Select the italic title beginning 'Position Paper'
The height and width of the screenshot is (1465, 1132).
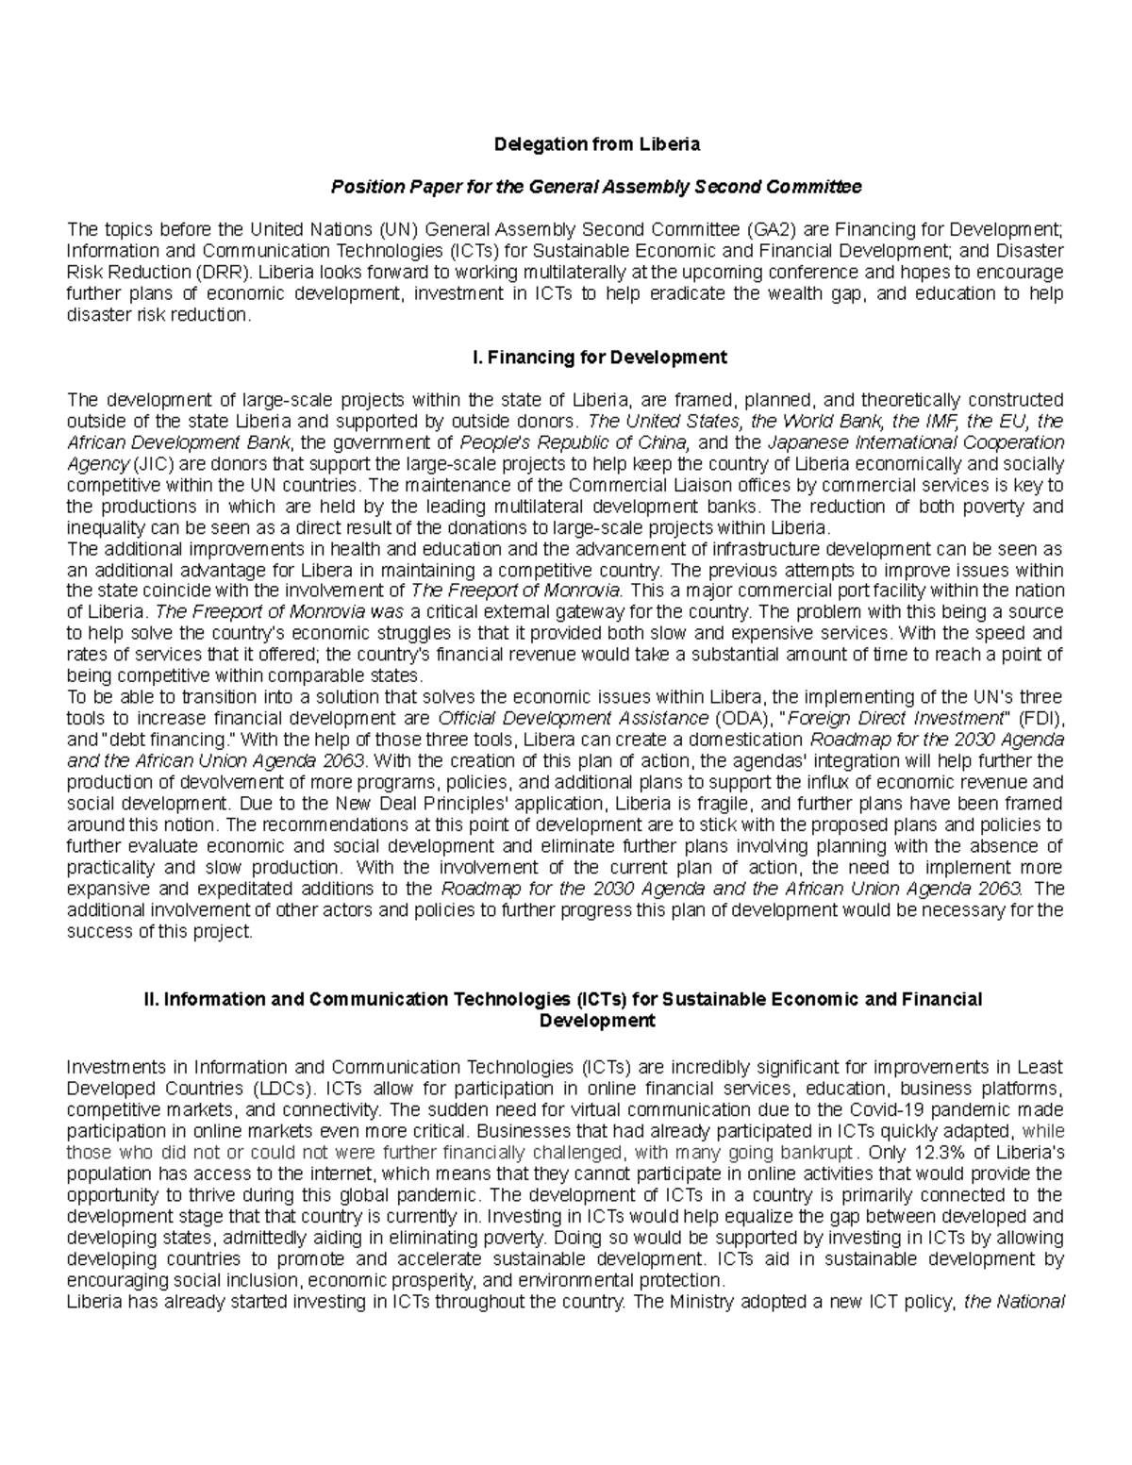595,187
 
